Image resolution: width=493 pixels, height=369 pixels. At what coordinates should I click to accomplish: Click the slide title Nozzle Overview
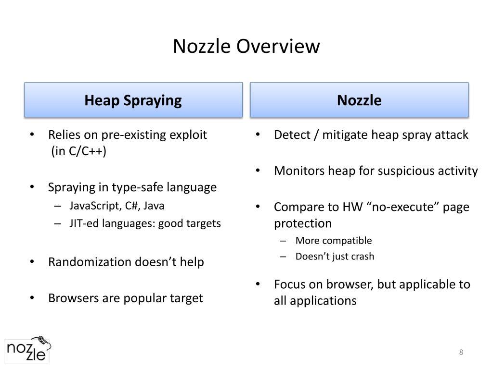246,47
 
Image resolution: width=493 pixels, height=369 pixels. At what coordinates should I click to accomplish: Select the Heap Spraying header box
133,100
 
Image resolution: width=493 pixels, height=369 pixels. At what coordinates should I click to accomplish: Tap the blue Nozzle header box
359,100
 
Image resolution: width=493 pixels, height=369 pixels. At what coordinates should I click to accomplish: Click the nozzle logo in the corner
27,349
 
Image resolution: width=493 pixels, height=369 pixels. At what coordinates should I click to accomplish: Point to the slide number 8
461,352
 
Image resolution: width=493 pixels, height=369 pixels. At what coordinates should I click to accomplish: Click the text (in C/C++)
78,151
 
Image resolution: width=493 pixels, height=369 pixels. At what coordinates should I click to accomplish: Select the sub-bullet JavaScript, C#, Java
117,206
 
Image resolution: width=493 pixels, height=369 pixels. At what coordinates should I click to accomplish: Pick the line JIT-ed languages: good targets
145,223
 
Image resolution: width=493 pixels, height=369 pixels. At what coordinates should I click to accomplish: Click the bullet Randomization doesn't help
126,262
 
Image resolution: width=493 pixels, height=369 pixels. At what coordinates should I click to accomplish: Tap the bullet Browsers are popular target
125,298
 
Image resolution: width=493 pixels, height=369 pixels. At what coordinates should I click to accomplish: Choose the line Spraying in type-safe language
132,187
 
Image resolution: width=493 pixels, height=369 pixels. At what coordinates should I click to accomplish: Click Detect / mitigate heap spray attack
371,135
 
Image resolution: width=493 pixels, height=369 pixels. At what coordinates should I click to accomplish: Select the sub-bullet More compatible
334,240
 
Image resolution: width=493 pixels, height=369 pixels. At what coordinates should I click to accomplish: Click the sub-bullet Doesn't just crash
335,256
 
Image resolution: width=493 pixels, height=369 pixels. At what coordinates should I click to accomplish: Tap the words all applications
315,301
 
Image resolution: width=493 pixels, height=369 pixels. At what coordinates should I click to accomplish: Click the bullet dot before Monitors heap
259,171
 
